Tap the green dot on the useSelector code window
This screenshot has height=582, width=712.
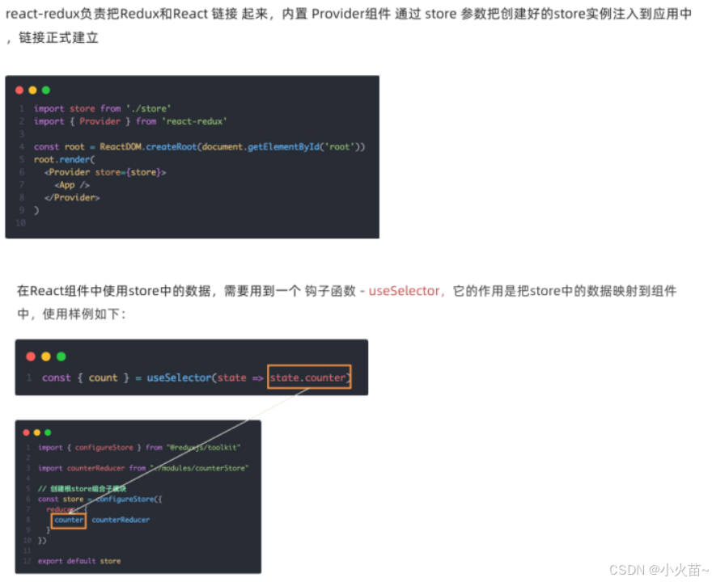61,356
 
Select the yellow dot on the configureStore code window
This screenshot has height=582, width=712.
36,432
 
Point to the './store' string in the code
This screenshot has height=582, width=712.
148,108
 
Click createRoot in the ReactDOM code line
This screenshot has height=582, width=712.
172,146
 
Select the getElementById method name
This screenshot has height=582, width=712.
282,146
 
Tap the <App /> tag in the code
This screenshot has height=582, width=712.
72,185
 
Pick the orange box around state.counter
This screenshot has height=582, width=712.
309,377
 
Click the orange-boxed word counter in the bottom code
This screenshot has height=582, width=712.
69,520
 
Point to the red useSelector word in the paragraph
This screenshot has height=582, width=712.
405,291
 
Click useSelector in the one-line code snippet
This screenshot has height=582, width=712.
179,377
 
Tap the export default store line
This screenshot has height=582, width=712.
79,560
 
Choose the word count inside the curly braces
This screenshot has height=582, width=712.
104,377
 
